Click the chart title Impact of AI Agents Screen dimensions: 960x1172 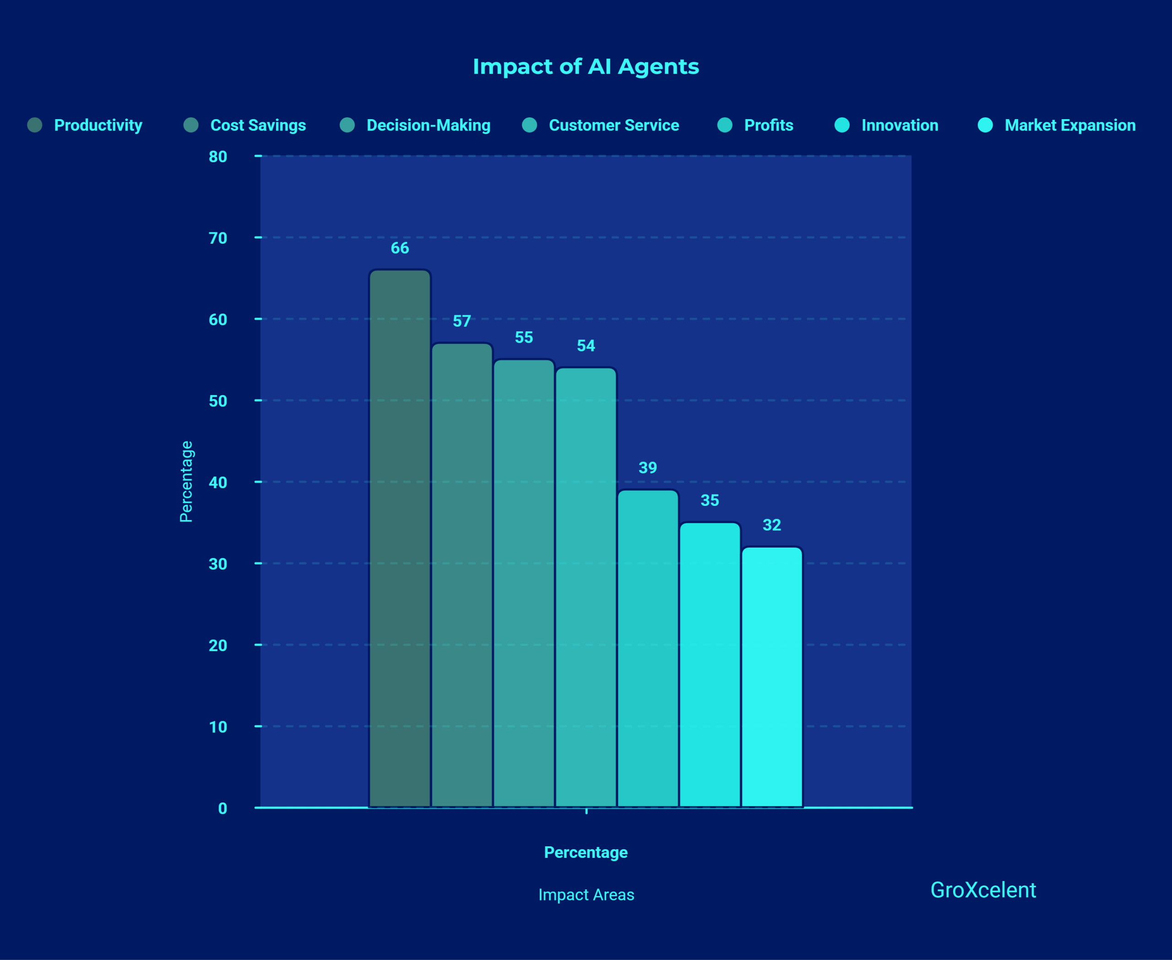click(586, 66)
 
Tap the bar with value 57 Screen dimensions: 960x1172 click(461, 575)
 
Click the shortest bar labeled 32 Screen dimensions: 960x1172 click(771, 677)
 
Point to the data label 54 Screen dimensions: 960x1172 click(586, 346)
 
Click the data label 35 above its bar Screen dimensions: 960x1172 click(710, 500)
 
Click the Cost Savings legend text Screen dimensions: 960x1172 click(258, 125)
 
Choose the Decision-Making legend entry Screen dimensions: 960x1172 click(428, 125)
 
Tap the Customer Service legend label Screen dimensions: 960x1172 click(613, 125)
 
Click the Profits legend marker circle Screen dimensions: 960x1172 click(724, 125)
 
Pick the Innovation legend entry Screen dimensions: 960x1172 click(899, 125)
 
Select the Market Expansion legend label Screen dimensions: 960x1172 click(1070, 125)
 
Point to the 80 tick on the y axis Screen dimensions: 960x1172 click(218, 157)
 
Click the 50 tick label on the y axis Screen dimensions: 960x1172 click(218, 401)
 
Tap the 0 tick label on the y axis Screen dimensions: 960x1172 click(222, 808)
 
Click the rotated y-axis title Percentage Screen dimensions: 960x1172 click(186, 481)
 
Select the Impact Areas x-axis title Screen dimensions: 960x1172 click(586, 894)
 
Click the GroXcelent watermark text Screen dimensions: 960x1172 click(982, 890)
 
